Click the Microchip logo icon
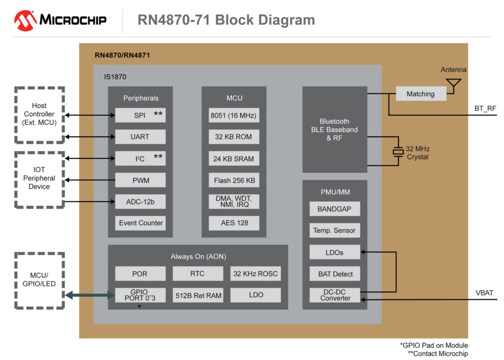coord(24,20)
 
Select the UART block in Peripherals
coord(140,136)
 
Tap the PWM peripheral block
coord(140,179)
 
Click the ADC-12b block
coord(140,201)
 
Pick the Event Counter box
coord(140,223)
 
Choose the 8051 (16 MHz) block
coord(233,115)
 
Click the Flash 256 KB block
coord(233,180)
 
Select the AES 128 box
coord(233,223)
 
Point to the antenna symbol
coord(453,85)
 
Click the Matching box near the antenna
coord(420,93)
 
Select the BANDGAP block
coord(334,209)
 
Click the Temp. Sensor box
coord(334,230)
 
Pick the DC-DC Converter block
coord(334,295)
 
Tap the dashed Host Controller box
coord(39,114)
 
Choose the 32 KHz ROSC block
coord(255,273)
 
